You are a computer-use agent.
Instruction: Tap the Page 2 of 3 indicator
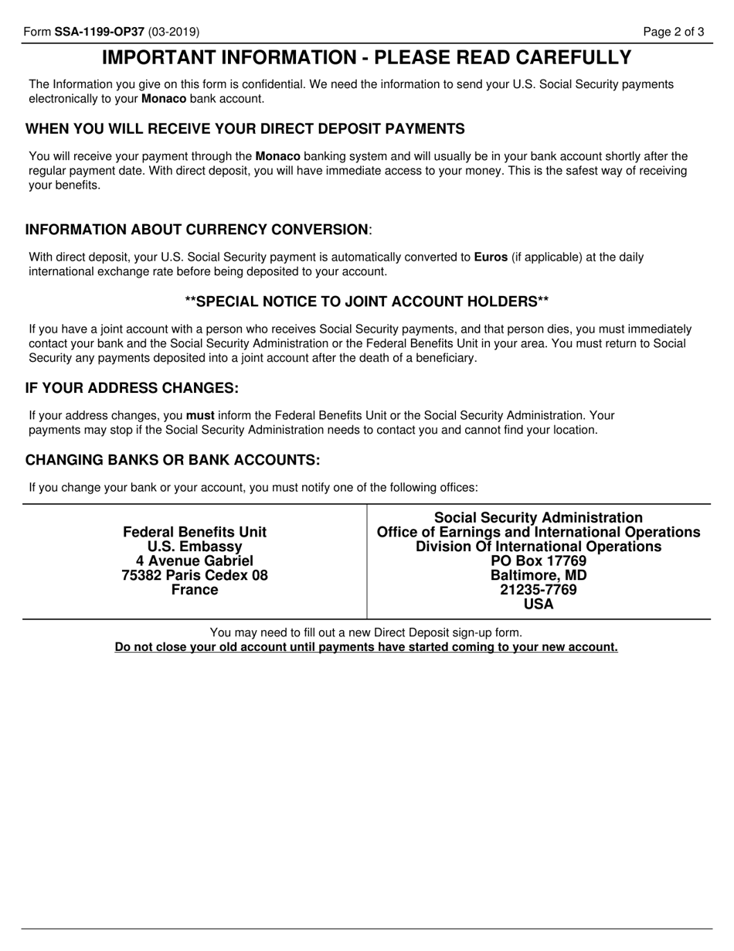[675, 32]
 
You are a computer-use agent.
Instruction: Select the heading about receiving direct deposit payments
[245, 128]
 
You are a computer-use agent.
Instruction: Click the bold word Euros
[491, 257]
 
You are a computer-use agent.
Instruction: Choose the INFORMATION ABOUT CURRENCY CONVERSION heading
[197, 230]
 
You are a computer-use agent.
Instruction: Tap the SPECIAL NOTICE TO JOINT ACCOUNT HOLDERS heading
[367, 301]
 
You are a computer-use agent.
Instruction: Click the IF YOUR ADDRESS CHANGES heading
[132, 387]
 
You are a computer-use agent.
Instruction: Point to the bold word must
[200, 415]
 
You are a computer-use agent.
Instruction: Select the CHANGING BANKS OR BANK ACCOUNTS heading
[172, 460]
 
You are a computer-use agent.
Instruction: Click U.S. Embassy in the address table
[195, 547]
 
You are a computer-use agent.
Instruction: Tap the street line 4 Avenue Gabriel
[195, 561]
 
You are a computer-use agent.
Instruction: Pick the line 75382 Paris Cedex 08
[195, 575]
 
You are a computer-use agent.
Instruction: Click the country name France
[195, 590]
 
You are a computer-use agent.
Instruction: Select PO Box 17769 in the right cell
[539, 561]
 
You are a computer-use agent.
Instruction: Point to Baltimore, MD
[539, 575]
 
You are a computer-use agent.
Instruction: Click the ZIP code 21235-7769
[539, 590]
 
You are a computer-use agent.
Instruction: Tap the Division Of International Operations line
[539, 547]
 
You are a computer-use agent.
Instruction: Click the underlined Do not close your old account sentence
[366, 647]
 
